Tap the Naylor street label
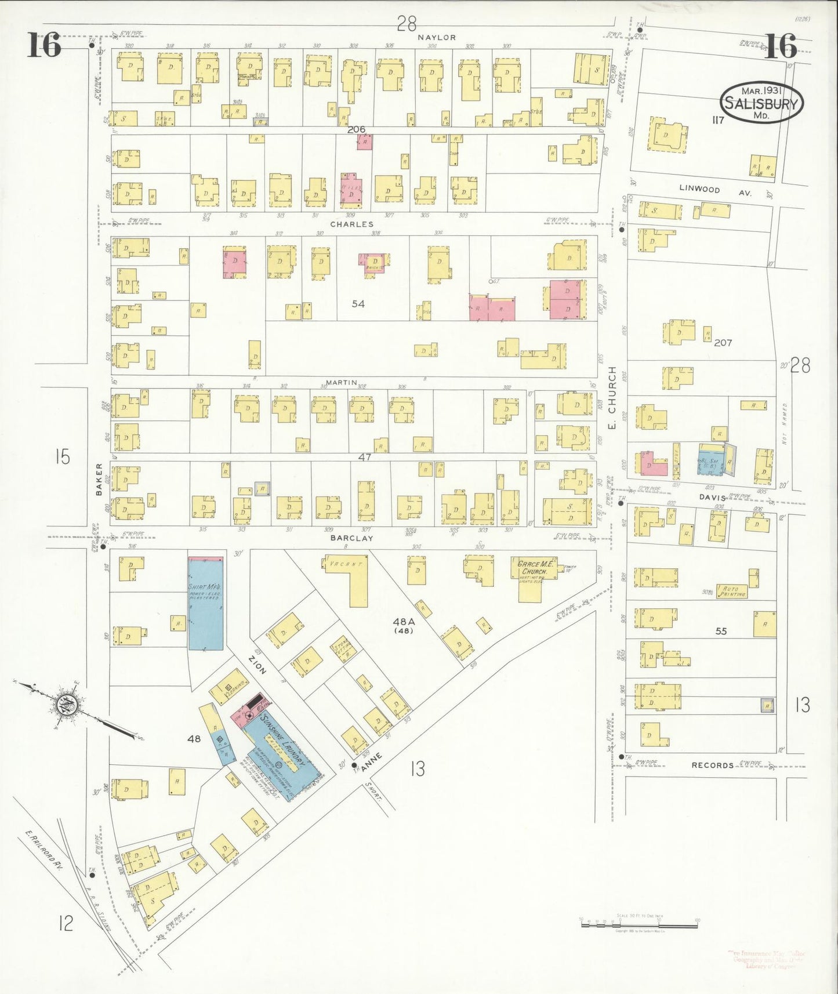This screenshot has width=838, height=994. [x=437, y=37]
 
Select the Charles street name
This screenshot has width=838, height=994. [x=351, y=224]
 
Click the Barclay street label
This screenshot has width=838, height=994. [x=351, y=538]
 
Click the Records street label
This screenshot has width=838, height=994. [x=712, y=765]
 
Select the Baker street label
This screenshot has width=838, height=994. [x=99, y=478]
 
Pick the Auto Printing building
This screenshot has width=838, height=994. [x=732, y=591]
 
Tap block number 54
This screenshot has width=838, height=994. [x=358, y=303]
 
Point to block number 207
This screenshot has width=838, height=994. [x=723, y=343]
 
